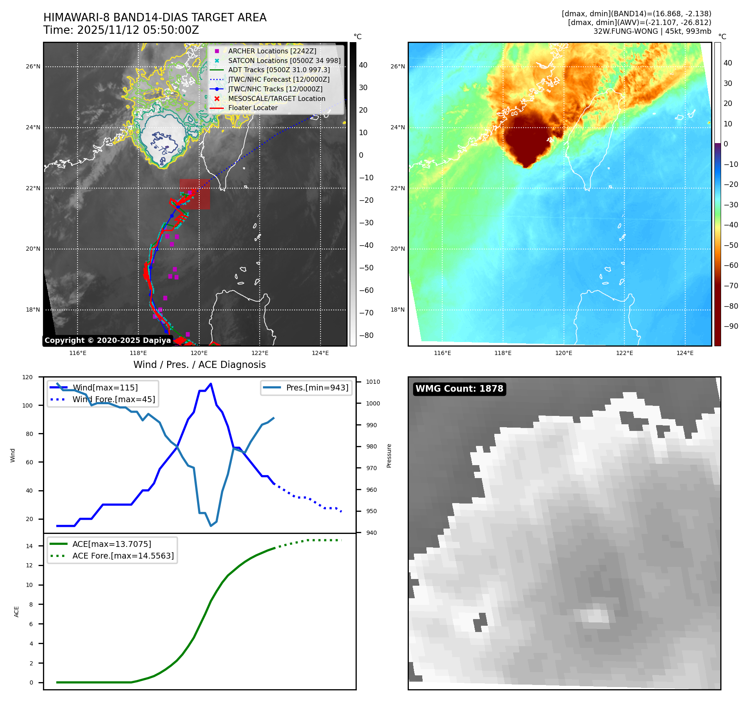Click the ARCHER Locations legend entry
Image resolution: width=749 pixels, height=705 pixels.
[272, 51]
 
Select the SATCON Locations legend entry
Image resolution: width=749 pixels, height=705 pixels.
[284, 60]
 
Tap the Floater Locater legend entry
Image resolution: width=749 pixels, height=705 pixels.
[253, 108]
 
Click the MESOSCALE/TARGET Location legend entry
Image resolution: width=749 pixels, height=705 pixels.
[276, 98]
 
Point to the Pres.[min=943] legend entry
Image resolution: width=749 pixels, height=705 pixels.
[317, 388]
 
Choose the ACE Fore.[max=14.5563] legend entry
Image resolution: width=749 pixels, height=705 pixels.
[123, 556]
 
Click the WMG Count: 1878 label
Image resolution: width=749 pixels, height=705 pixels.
[459, 389]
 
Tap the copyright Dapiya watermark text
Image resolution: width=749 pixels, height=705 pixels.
[108, 340]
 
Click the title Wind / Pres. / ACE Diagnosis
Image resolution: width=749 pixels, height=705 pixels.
[199, 365]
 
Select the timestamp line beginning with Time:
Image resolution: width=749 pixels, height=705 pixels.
[121, 30]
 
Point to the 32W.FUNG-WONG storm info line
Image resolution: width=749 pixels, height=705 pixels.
[652, 31]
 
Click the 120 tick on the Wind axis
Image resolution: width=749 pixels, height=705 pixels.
[28, 377]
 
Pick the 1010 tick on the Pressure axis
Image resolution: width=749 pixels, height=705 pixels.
[373, 382]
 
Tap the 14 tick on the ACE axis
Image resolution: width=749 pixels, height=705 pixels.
[29, 546]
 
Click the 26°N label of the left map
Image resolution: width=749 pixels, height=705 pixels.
[33, 66]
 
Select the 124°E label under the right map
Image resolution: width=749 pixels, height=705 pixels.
[685, 353]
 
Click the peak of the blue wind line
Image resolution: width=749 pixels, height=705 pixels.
[211, 384]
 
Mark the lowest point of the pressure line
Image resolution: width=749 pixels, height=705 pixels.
[211, 526]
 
